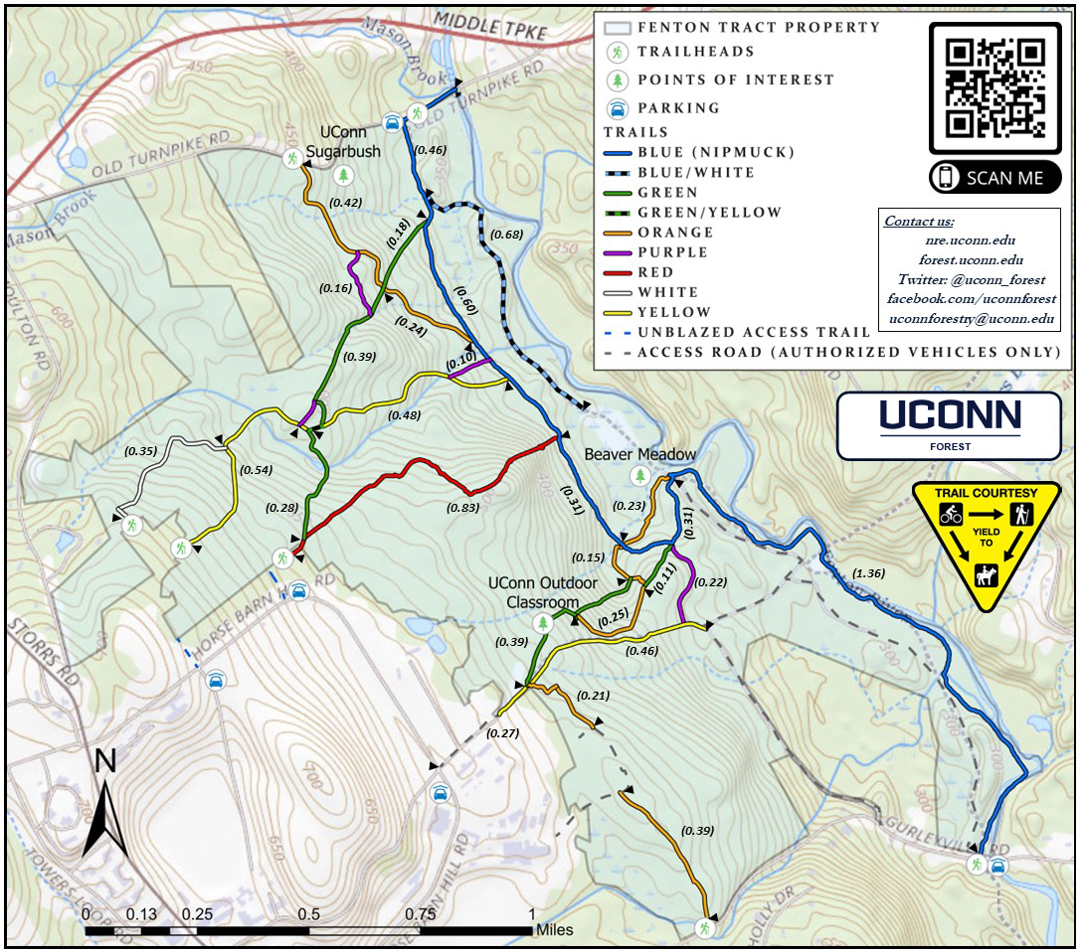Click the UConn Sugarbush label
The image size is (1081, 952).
pyautogui.click(x=344, y=141)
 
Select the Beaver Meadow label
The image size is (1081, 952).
pyautogui.click(x=640, y=454)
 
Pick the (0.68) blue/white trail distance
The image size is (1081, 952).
pyautogui.click(x=507, y=235)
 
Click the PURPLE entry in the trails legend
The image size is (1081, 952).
pyautogui.click(x=673, y=252)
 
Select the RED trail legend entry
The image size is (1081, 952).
pyautogui.click(x=655, y=272)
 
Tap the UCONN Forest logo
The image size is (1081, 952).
pyautogui.click(x=948, y=424)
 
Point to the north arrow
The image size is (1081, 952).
pyautogui.click(x=104, y=805)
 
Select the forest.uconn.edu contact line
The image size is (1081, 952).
pyautogui.click(x=970, y=260)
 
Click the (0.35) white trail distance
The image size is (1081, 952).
pyautogui.click(x=140, y=451)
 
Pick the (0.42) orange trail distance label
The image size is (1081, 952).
pyautogui.click(x=345, y=202)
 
